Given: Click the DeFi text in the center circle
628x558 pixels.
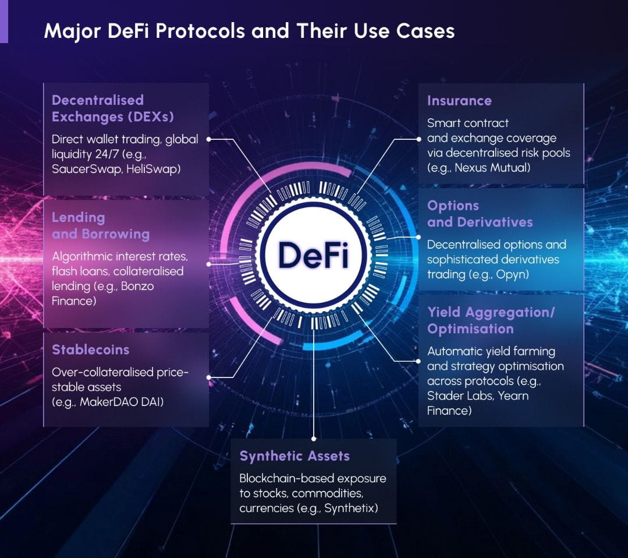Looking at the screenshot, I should tap(313, 255).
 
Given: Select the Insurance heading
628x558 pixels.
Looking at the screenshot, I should tap(459, 101).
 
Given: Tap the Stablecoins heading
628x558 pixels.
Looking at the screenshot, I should tap(90, 350).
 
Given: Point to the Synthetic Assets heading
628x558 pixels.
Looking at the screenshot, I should tap(295, 456).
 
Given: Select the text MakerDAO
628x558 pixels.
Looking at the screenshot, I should tap(106, 401).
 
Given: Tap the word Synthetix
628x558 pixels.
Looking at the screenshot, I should tap(350, 508).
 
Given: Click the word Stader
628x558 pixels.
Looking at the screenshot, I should tap(446, 396).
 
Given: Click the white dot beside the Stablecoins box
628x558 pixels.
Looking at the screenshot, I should tap(208, 377).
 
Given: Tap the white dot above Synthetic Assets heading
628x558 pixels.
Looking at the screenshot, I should tap(314, 437).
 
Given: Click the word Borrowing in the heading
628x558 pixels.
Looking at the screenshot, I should tap(115, 234).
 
